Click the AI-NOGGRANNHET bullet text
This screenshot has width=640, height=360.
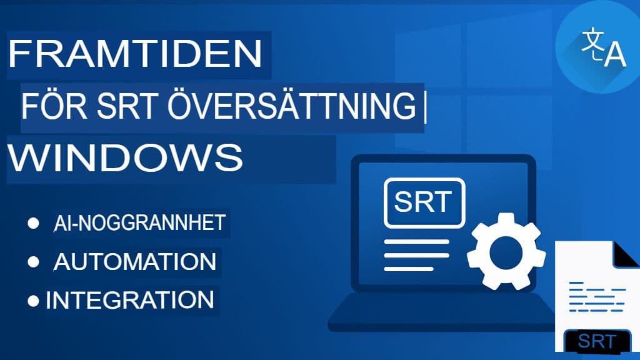coord(139,223)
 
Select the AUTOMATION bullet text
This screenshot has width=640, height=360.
coord(135,261)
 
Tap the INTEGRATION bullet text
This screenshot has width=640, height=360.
coord(130,299)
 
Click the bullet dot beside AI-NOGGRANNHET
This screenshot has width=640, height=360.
coord(34,224)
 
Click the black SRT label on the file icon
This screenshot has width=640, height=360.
coord(597,341)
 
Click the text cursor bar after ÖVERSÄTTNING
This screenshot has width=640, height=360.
coord(424,108)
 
